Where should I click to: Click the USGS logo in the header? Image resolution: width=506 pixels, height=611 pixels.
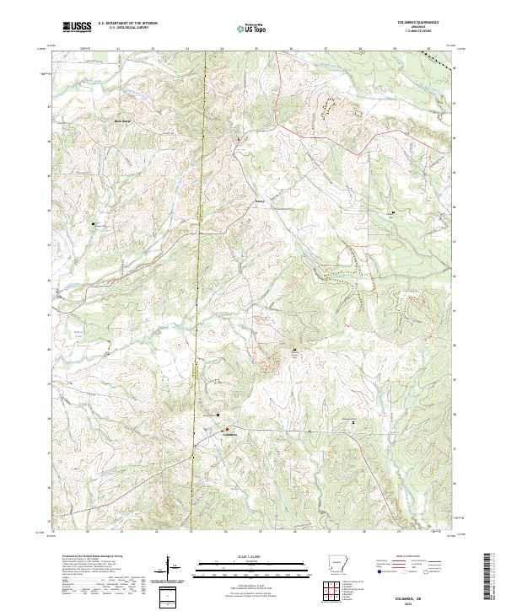[78, 27]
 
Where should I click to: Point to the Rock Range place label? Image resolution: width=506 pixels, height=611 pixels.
[124, 121]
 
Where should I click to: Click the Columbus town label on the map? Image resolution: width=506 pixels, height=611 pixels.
[229, 435]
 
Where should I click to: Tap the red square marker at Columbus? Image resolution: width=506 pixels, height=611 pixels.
[226, 429]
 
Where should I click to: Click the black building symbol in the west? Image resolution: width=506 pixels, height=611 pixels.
[94, 223]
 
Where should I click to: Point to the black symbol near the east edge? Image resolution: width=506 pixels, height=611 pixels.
[392, 212]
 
